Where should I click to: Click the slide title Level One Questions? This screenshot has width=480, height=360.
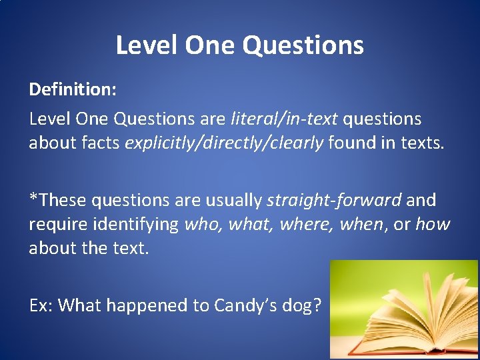pyautogui.click(x=240, y=45)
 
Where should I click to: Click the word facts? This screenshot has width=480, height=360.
pyautogui.click(x=103, y=143)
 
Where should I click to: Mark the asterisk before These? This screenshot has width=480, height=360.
pyautogui.click(x=32, y=197)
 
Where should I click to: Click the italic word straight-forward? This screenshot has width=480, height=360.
pyautogui.click(x=334, y=200)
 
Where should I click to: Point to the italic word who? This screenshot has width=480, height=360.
pyautogui.click(x=202, y=225)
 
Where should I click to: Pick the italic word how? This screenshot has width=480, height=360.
pyautogui.click(x=433, y=225)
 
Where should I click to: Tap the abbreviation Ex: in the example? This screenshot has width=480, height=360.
pyautogui.click(x=41, y=305)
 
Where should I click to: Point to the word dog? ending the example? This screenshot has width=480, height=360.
pyautogui.click(x=305, y=305)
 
